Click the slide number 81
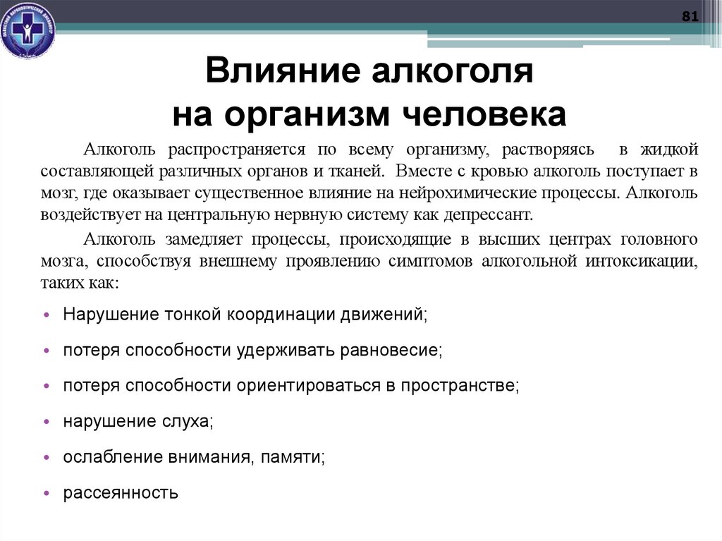(690, 17)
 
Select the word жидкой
(670, 150)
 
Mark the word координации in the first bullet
(277, 314)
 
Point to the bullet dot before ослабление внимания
(46, 458)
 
